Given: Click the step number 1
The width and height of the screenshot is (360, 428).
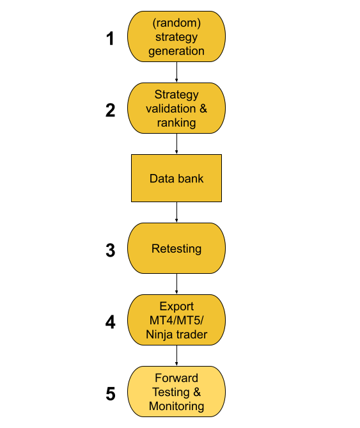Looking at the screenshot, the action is [110, 38].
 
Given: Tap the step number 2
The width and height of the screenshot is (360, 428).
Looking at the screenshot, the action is [110, 110].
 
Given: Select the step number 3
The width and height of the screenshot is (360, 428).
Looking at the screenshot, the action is [111, 250].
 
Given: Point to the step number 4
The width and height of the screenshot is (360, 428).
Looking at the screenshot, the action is [110, 322].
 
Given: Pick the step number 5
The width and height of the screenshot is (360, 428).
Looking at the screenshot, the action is [111, 394].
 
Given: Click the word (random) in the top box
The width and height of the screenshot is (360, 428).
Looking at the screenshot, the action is [176, 22].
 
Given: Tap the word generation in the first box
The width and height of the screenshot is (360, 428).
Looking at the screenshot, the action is [176, 51].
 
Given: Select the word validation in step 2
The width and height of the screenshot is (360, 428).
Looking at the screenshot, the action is [171, 109].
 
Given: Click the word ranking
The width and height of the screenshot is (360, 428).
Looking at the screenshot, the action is [176, 123].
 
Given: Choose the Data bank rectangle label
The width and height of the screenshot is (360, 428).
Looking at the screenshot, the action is [176, 178].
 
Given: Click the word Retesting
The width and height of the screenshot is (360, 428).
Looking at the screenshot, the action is [176, 249].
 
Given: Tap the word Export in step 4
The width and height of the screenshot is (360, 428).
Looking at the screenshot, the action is [176, 306].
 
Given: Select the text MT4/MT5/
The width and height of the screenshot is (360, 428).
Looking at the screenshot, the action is [176, 321].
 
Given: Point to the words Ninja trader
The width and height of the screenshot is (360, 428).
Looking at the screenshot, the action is [176, 335].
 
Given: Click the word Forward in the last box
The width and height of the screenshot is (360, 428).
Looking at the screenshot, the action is [176, 378].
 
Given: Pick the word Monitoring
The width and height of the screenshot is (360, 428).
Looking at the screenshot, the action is [176, 406].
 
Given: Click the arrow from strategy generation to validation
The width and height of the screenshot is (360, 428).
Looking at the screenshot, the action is [176, 72].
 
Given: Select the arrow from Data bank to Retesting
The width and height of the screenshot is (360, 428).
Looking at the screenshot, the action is [176, 212].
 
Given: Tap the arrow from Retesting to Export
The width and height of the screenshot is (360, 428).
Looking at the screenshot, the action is [176, 284].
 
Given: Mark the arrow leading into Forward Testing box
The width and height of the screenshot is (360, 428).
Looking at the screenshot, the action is [176, 356].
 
